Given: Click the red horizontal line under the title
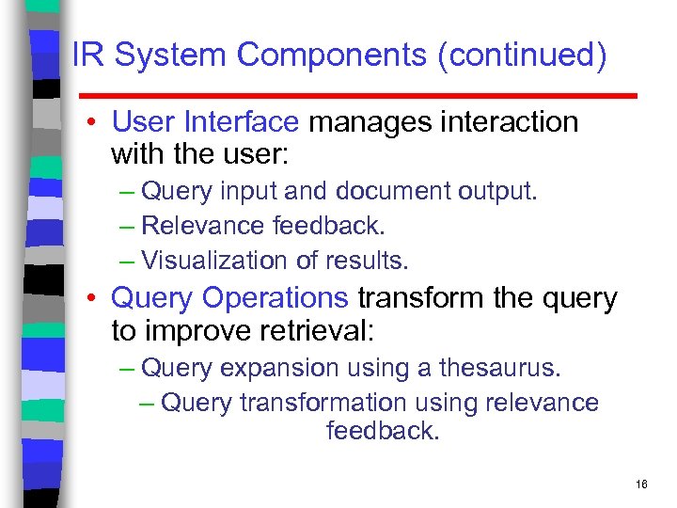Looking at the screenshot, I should coord(357,96).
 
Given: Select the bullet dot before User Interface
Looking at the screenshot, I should coord(96,123).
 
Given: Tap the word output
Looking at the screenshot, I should coord(498,192).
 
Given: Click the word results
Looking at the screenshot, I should coord(372,260).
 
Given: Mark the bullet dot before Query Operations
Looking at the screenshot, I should coord(96,299).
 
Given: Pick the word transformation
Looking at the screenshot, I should coord(322,403).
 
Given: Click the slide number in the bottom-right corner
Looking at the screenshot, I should coord(641,484).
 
